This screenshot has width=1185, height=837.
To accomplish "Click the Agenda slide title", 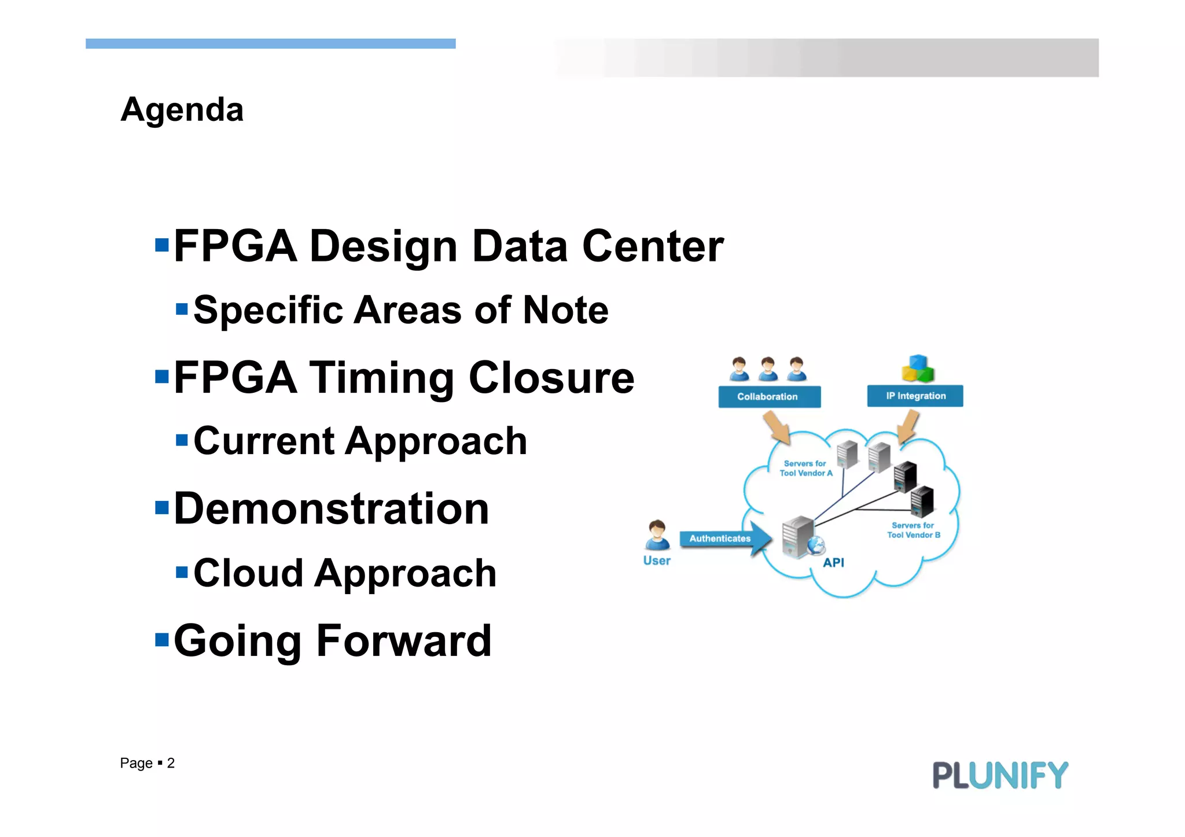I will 182,109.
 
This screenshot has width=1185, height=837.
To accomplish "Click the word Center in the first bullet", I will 653,246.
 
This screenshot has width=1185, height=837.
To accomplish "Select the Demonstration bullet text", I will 332,509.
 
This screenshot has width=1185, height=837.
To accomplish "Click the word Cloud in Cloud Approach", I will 248,573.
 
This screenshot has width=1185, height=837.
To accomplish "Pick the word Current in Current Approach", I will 264,441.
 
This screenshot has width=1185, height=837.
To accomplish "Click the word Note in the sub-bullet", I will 565,310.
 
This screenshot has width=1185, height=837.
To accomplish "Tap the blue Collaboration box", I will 769,397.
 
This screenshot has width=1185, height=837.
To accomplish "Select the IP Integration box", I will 915,396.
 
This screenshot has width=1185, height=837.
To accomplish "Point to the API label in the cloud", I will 833,562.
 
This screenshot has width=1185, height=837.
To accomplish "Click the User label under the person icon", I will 657,561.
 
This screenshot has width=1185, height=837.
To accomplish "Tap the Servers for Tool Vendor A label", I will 805,468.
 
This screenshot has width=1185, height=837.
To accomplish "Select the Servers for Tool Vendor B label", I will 913,530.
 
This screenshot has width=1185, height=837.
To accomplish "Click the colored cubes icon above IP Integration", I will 918,368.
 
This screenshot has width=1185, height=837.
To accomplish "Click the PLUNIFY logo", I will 1000,775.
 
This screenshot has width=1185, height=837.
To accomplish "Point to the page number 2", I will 171,764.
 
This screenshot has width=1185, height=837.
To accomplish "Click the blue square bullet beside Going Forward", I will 162,640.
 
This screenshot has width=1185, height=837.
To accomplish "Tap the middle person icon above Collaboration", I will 768,368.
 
